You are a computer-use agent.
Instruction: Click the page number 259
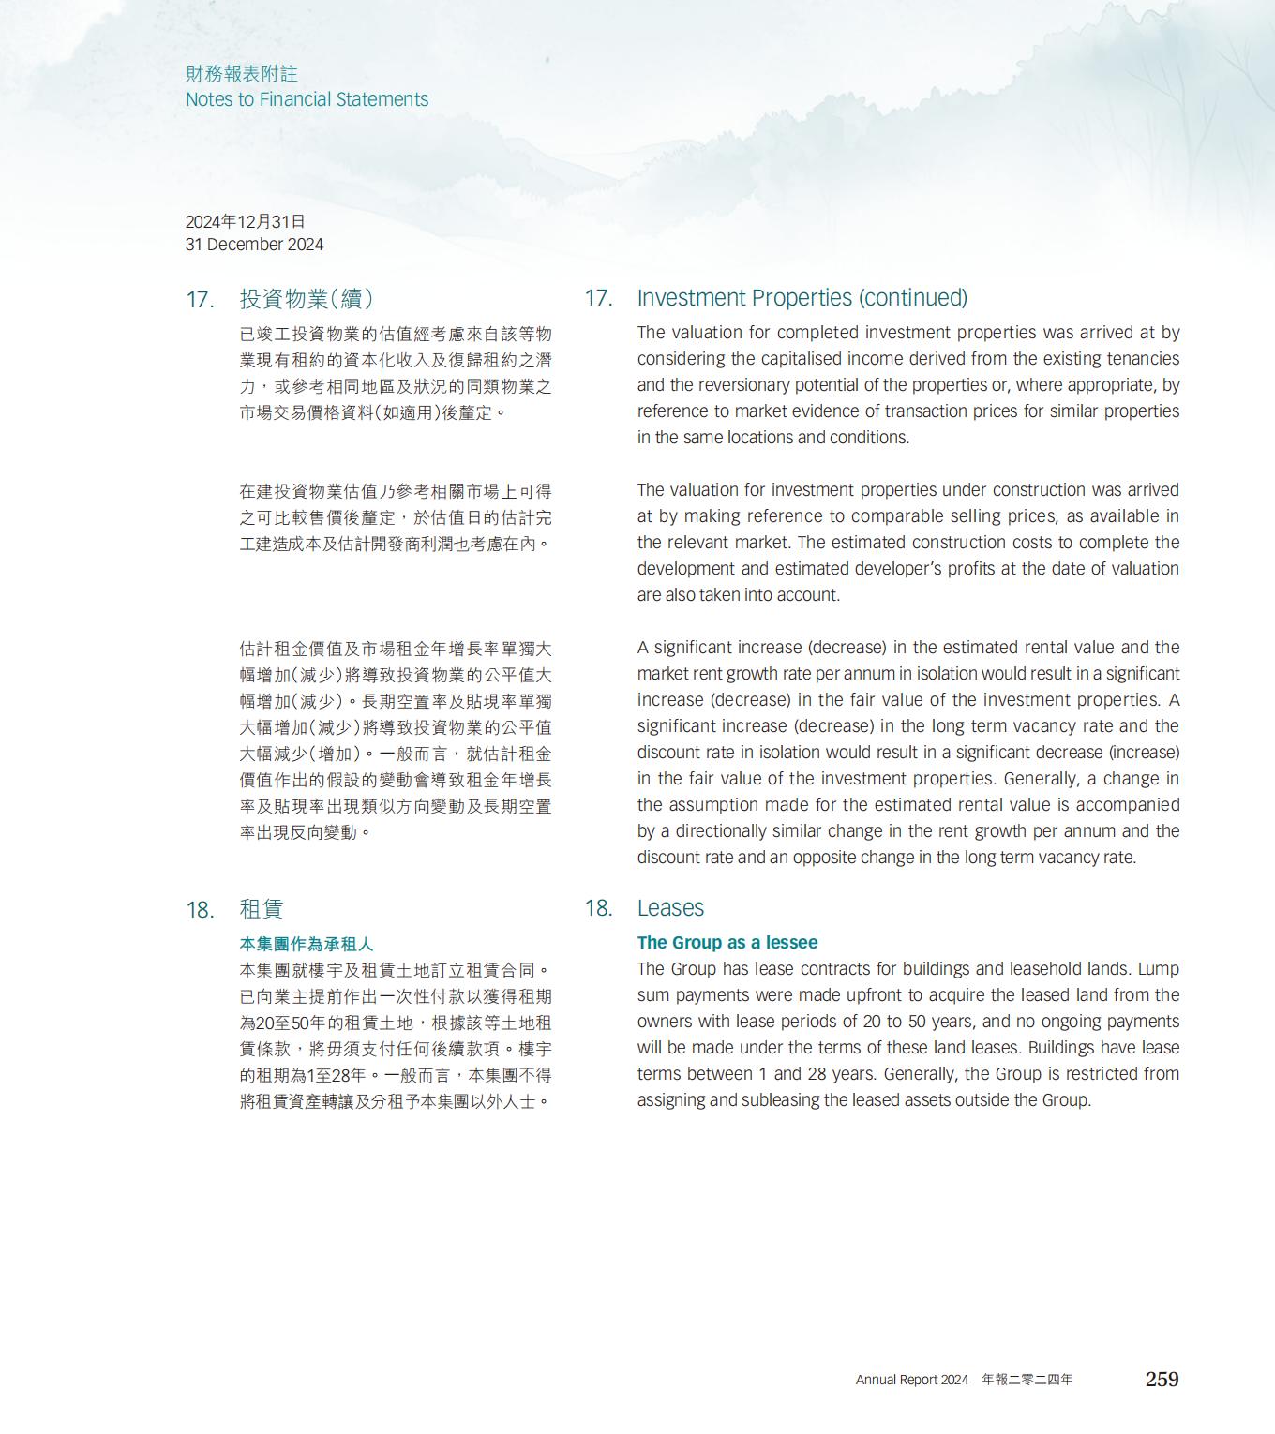tap(1162, 1379)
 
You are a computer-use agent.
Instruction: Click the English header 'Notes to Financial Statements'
tap(307, 99)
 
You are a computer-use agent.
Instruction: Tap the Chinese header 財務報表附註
tap(241, 73)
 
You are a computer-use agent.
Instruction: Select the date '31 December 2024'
tap(254, 245)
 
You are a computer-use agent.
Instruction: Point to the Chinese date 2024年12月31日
tap(245, 221)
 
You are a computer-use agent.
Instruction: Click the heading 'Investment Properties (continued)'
tap(802, 298)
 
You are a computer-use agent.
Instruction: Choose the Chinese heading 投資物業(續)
tap(307, 299)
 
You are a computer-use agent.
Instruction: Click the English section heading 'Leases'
tap(670, 908)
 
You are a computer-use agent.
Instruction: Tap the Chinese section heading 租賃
tap(262, 909)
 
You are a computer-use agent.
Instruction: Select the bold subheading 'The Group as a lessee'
tap(727, 943)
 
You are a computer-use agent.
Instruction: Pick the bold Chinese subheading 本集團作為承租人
tap(307, 944)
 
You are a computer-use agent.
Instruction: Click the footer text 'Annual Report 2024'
tap(911, 1380)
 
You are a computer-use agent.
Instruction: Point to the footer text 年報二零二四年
tap(1027, 1380)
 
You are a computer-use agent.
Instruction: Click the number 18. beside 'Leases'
tap(598, 908)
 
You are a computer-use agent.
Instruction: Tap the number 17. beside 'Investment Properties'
tap(598, 298)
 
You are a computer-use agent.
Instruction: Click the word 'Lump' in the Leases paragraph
tap(1158, 969)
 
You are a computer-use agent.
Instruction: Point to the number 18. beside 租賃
tap(200, 910)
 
